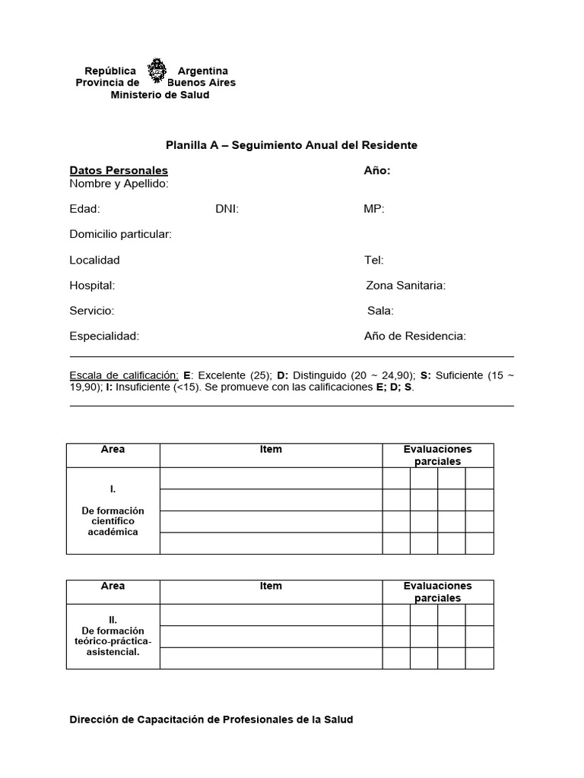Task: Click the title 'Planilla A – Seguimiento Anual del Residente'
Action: click(x=292, y=145)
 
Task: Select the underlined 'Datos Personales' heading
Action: click(x=119, y=171)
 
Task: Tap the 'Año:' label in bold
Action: click(x=377, y=171)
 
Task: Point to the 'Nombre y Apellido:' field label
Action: click(x=119, y=184)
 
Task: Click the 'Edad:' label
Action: click(x=84, y=209)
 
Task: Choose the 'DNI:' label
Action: click(x=227, y=209)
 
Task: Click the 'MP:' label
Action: click(x=374, y=209)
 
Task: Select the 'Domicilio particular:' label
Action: click(x=121, y=234)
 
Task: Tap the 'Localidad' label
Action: click(x=94, y=260)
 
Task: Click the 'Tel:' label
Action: click(x=374, y=260)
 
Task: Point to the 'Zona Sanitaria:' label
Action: click(x=406, y=286)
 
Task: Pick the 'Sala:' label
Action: click(x=380, y=311)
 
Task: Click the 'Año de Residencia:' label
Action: click(x=415, y=336)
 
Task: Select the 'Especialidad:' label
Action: click(x=104, y=336)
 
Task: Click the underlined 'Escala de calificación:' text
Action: click(x=124, y=375)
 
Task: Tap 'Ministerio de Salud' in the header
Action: click(x=160, y=95)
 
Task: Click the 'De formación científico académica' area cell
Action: click(x=113, y=520)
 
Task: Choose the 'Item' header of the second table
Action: click(x=271, y=586)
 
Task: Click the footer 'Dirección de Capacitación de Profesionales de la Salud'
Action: click(x=211, y=719)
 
